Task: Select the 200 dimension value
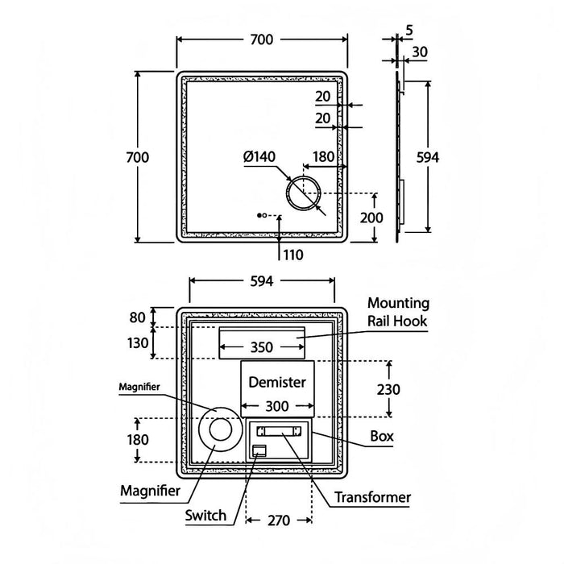(395, 218)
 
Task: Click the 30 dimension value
(418, 52)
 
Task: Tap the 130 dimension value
(139, 342)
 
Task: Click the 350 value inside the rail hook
(262, 348)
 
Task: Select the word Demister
(277, 381)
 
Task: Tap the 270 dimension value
(279, 521)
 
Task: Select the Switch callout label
(205, 516)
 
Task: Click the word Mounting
(398, 303)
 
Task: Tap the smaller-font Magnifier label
(139, 387)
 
